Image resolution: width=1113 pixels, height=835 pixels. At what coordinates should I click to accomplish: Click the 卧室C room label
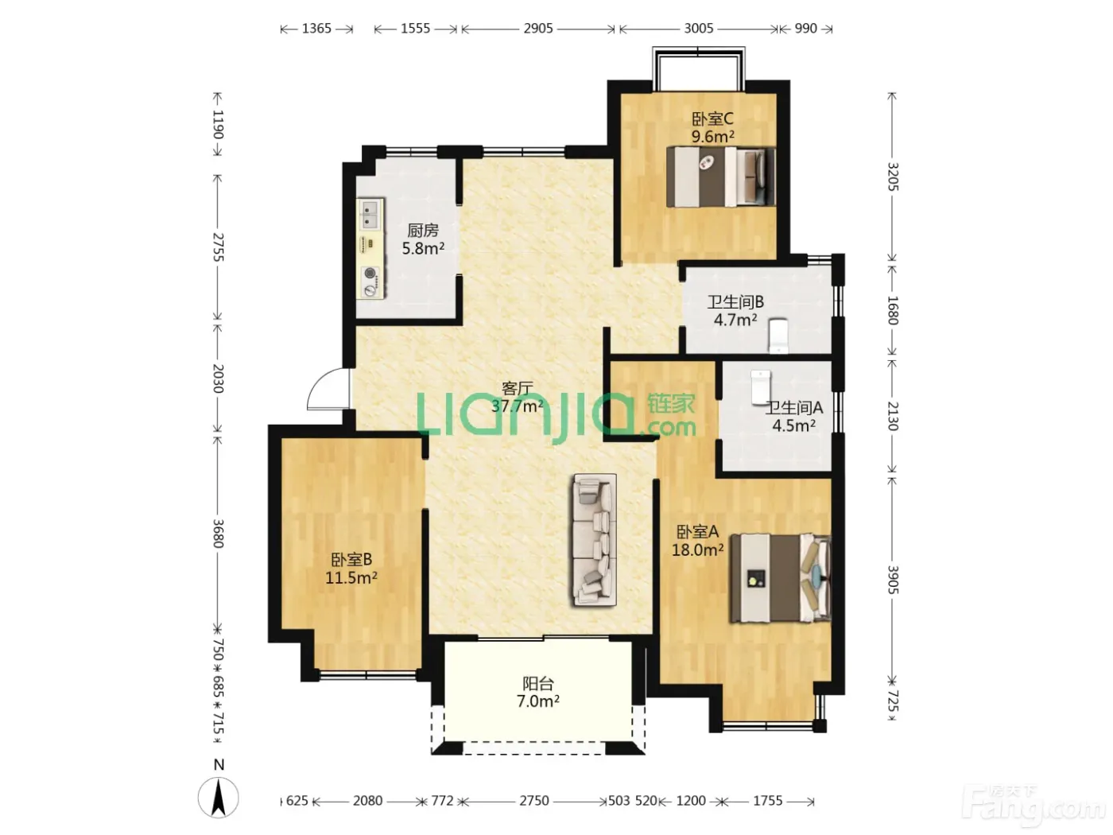(x=712, y=119)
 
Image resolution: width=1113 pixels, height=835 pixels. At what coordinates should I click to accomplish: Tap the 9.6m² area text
(x=713, y=136)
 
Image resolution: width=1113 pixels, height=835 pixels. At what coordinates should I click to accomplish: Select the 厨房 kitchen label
(x=422, y=231)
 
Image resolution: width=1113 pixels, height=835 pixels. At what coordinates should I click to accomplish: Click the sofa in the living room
(x=595, y=540)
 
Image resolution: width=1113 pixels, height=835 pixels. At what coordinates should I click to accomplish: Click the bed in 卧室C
(x=721, y=177)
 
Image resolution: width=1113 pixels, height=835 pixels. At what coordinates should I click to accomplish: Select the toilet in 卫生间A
(x=761, y=387)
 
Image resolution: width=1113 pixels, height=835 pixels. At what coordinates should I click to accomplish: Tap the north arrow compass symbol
(x=219, y=798)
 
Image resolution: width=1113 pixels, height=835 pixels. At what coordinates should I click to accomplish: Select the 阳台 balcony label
(x=538, y=684)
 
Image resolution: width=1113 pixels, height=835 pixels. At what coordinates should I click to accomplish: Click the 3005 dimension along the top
(x=699, y=29)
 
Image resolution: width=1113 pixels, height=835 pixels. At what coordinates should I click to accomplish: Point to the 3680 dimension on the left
(x=218, y=534)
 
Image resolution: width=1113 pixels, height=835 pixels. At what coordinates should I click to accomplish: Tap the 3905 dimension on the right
(x=893, y=581)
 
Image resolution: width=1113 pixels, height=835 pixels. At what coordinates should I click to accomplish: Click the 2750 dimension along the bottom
(x=534, y=801)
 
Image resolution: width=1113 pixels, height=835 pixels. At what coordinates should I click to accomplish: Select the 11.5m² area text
(x=351, y=577)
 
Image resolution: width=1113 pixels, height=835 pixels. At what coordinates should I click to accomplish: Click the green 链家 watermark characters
(x=671, y=405)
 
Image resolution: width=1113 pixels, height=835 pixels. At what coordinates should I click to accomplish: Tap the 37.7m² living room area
(x=518, y=406)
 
